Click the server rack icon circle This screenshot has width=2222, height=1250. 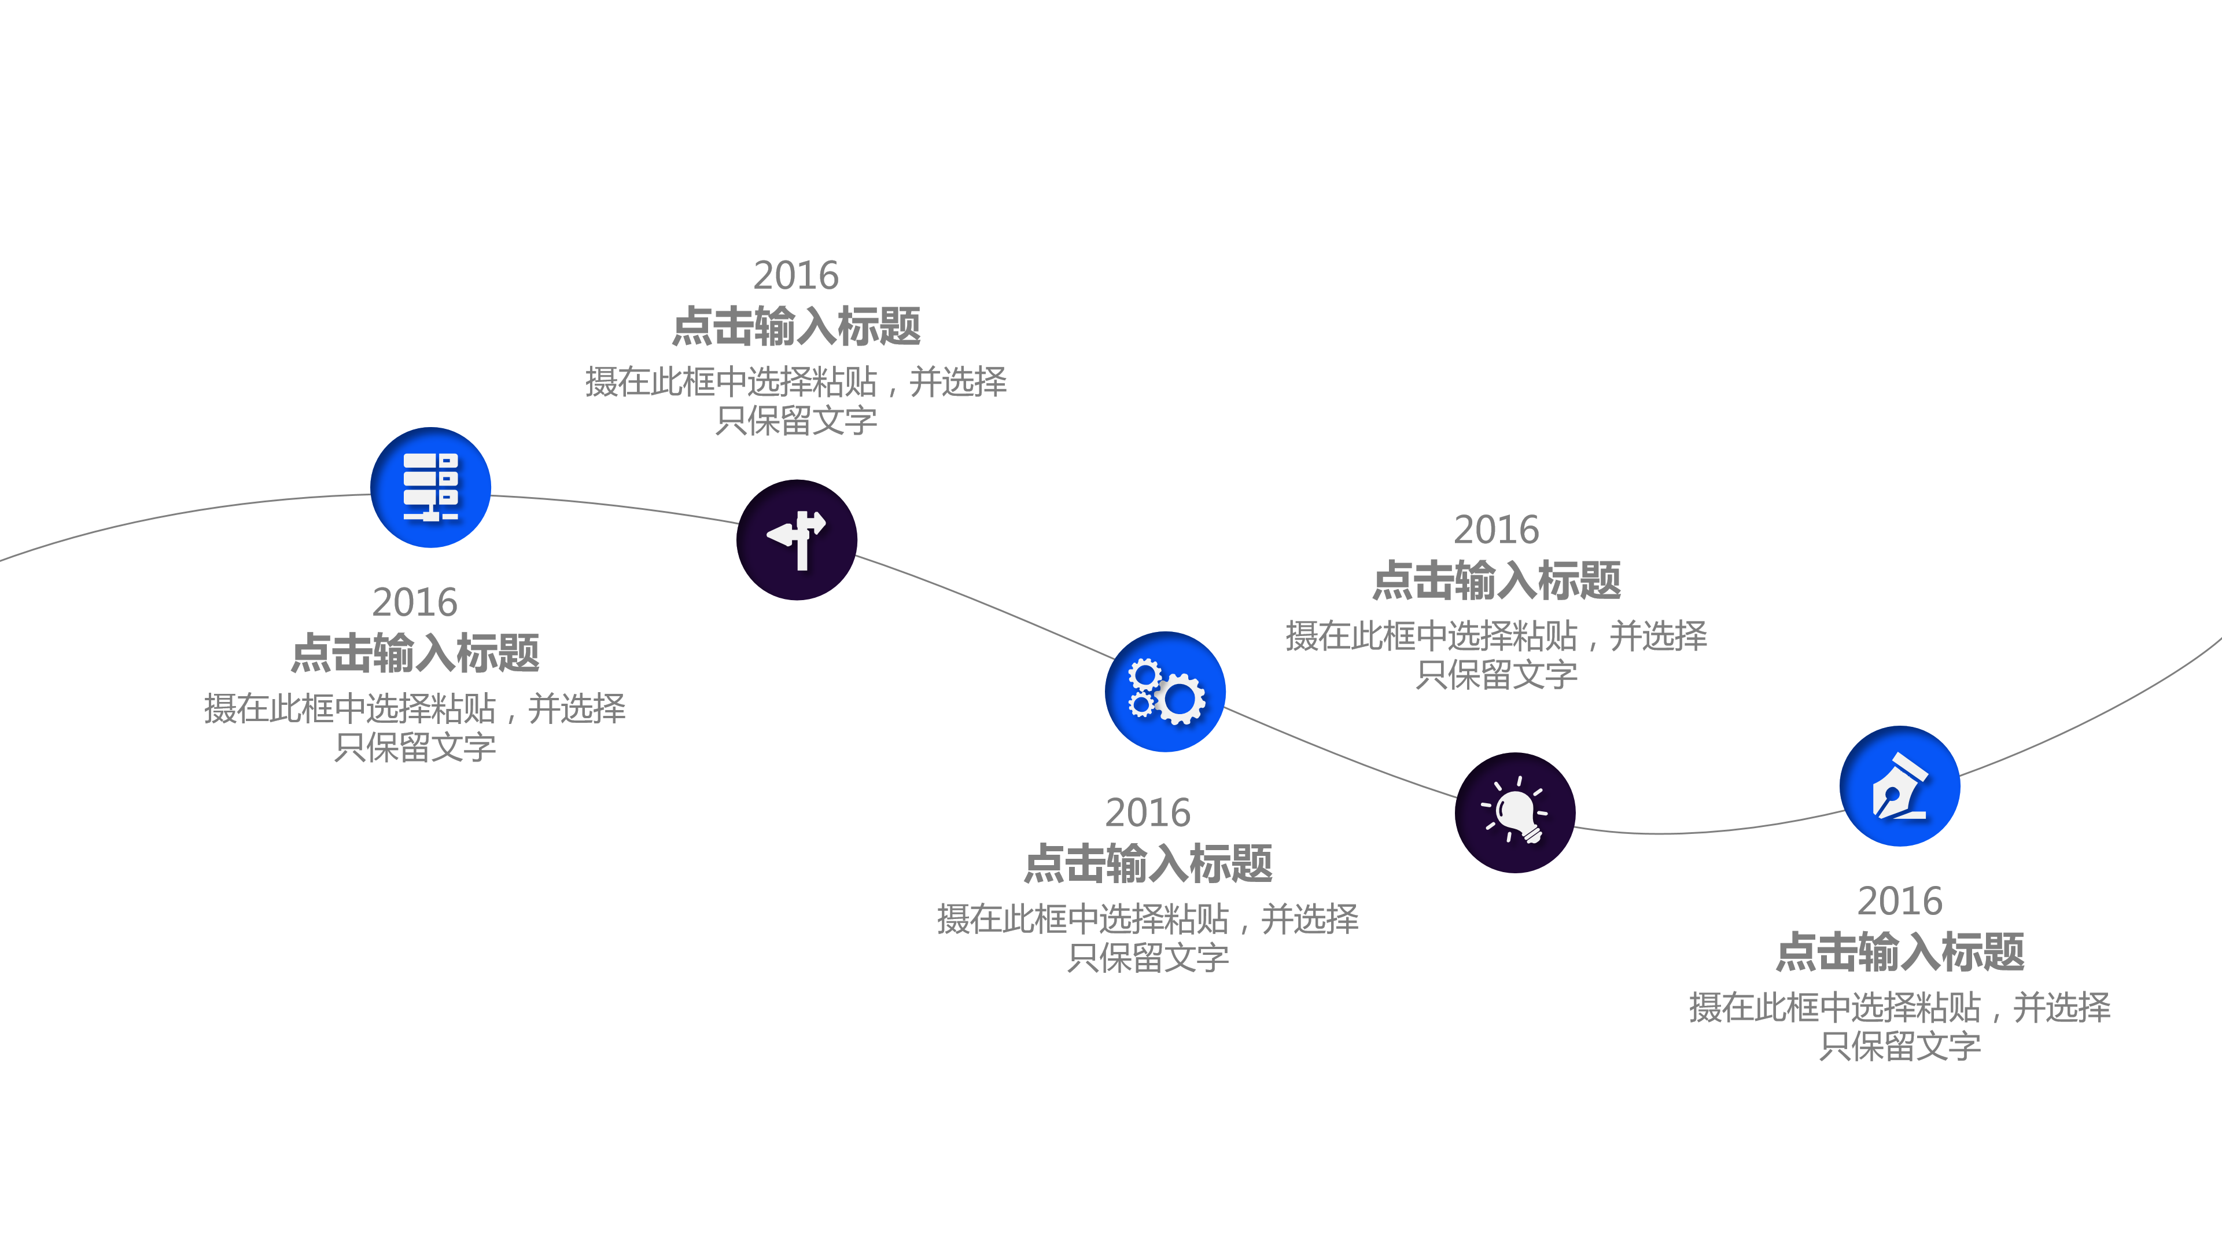click(430, 487)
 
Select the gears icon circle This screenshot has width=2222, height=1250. click(1165, 692)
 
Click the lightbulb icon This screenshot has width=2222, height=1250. click(1515, 812)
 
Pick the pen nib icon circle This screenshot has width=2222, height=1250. click(1899, 786)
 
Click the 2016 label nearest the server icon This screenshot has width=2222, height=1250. click(415, 602)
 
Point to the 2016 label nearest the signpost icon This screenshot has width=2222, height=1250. click(796, 275)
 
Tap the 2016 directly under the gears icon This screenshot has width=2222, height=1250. click(1148, 812)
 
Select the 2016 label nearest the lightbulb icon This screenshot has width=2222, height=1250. click(1497, 530)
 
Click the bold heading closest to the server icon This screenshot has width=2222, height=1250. click(415, 653)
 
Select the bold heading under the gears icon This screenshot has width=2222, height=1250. click(1148, 863)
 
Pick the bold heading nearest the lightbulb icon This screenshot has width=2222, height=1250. click(1497, 580)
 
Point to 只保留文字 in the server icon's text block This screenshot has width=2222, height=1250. click(415, 747)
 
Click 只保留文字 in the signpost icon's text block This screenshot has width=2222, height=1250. click(796, 421)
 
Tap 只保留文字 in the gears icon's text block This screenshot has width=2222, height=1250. click(1148, 958)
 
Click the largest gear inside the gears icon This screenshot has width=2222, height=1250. click(1180, 700)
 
